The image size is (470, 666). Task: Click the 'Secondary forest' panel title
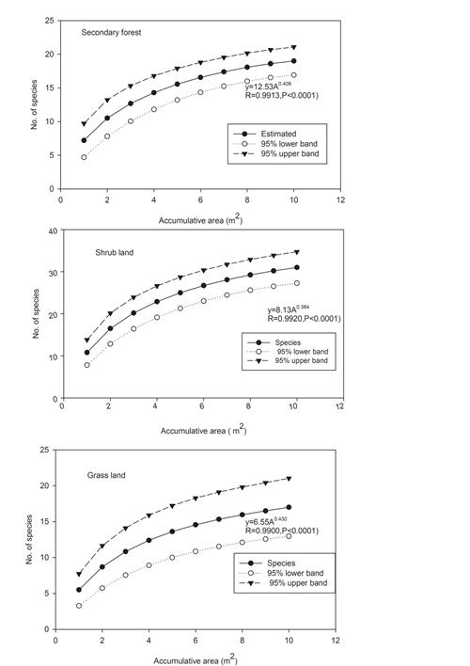click(111, 32)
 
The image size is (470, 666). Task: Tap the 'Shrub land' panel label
click(114, 252)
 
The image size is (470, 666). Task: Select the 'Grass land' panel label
click(106, 475)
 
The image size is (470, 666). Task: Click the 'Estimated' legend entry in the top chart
click(278, 134)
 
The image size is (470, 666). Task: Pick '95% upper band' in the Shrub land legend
click(302, 360)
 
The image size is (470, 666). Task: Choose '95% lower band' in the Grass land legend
click(295, 573)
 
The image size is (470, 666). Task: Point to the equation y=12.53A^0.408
click(268, 87)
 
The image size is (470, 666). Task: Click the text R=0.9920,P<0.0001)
click(304, 318)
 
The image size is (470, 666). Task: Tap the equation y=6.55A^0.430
click(266, 521)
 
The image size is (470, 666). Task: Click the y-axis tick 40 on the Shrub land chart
click(53, 231)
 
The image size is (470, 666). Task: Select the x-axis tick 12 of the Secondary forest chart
click(340, 199)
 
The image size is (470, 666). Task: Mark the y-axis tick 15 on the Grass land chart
click(44, 521)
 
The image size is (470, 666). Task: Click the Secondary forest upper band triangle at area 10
click(294, 47)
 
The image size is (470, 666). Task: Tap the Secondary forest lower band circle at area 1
click(84, 157)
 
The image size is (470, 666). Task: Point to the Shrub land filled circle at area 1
click(87, 352)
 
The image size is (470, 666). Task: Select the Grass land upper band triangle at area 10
click(289, 479)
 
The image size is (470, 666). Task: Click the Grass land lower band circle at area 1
click(79, 606)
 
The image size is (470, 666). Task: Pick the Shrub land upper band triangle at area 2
click(110, 314)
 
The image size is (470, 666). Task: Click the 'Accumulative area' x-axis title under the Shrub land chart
click(203, 430)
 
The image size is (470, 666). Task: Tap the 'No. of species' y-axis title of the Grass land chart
click(29, 539)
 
